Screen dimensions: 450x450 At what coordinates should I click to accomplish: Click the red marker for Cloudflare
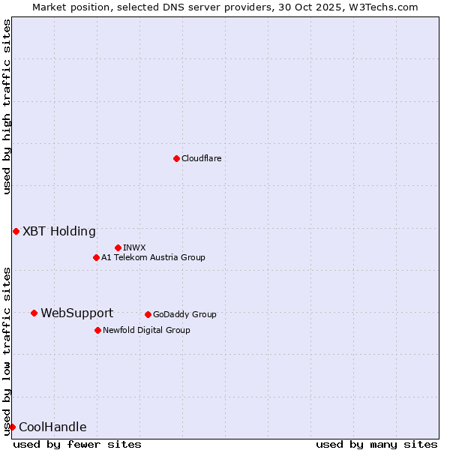click(176, 158)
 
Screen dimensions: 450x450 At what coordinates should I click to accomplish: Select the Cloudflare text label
click(201, 158)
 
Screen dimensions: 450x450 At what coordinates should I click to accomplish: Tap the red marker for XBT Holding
click(16, 231)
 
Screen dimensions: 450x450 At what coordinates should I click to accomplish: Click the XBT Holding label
click(58, 231)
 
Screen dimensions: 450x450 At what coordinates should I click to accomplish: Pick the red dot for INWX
click(118, 247)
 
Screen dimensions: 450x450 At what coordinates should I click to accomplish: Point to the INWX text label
click(134, 247)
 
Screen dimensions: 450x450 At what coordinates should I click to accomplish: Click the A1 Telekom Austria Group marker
click(96, 257)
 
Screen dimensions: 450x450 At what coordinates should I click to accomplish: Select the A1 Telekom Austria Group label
click(153, 257)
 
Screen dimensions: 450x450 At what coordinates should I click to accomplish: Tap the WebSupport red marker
click(34, 313)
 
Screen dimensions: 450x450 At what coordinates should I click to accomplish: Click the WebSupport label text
click(76, 313)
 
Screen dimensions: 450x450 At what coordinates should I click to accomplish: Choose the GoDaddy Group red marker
click(148, 314)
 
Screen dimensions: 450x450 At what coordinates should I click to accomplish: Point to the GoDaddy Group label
click(184, 314)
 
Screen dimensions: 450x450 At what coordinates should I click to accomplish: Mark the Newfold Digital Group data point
click(97, 330)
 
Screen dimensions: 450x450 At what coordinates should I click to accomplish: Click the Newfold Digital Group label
click(146, 330)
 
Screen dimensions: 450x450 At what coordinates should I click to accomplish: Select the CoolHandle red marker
click(12, 427)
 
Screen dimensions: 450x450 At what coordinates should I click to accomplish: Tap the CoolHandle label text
click(52, 427)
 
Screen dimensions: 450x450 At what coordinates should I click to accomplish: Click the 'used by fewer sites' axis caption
click(77, 444)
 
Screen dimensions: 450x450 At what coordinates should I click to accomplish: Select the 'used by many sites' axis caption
click(376, 444)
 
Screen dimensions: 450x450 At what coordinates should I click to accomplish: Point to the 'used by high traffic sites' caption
click(7, 106)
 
